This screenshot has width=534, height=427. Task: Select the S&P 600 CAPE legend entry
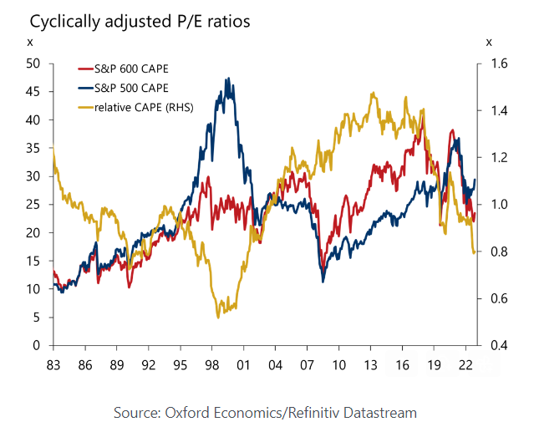coord(131,69)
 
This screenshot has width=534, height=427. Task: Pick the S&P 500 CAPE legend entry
coord(131,88)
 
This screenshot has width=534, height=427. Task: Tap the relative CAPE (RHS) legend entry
coord(141,107)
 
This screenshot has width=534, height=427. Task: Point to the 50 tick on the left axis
coord(34,64)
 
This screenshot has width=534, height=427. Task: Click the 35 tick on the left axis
coord(34,148)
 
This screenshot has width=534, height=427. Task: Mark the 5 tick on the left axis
coord(38,318)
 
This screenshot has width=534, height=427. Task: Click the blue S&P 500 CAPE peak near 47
coord(227,79)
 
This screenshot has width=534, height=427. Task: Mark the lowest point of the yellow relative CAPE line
coord(218,317)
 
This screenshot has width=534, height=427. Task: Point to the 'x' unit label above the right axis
coord(489,42)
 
